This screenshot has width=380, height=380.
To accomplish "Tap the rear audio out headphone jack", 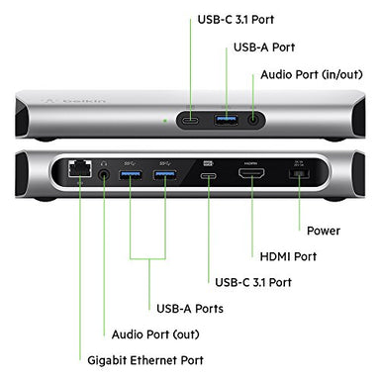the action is tap(104, 174).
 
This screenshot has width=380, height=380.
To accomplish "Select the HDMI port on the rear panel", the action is tap(251, 173).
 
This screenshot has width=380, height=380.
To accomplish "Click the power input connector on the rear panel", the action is tap(299, 173).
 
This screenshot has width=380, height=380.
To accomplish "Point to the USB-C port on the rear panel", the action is tap(209, 174).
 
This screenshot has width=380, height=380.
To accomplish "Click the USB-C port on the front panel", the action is tap(190, 120).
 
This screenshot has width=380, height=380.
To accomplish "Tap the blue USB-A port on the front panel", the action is tap(226, 120).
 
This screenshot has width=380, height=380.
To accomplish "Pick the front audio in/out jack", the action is tap(253, 120).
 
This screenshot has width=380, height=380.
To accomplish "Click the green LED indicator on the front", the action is tap(165, 121).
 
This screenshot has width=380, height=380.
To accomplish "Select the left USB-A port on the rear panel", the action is tap(131, 174).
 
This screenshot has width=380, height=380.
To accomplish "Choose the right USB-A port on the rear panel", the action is tap(164, 174).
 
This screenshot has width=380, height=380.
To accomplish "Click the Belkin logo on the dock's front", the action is tap(75, 101).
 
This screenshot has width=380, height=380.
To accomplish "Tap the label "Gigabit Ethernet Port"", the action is tap(145, 360).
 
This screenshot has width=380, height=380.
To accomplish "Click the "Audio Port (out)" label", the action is tap(155, 334).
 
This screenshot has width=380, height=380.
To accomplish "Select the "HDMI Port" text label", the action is tap(288, 256).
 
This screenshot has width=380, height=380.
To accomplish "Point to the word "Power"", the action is tap(324, 231).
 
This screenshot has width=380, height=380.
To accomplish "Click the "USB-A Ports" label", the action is tap(190, 309).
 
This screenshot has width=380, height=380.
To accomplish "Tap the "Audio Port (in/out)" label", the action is tap(312, 74).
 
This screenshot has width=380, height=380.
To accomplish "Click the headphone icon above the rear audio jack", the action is tap(104, 163).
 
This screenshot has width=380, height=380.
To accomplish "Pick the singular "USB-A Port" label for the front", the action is tap(264, 47).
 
